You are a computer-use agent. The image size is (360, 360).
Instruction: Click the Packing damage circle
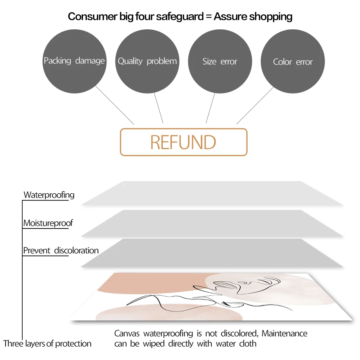[74, 61]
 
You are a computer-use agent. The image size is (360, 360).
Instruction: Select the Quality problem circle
[147, 61]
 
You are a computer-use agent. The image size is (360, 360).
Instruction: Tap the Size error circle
[220, 61]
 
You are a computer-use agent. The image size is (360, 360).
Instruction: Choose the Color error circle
[293, 62]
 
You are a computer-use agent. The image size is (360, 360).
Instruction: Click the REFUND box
[184, 142]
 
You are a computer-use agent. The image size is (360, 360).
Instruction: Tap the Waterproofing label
[49, 195]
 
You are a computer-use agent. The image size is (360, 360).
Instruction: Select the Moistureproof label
[48, 223]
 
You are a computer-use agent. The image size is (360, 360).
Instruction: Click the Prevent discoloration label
[61, 250]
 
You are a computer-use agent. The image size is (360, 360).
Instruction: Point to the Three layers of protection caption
[47, 344]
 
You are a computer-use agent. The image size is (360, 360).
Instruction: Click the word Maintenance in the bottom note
[284, 334]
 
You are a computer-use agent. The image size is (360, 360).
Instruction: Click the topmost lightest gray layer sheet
[211, 194]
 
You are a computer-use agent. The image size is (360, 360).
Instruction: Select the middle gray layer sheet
[211, 223]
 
